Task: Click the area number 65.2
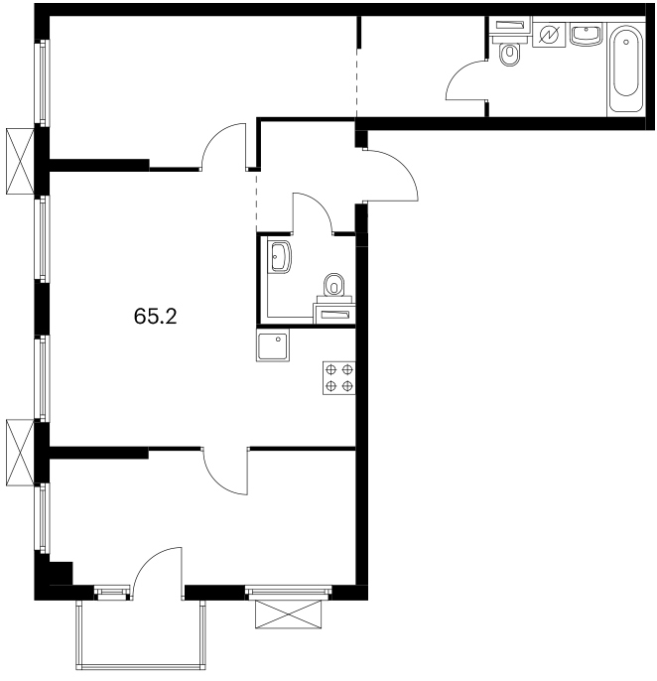pyautogui.click(x=156, y=316)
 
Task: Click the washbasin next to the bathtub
pyautogui.click(x=587, y=35)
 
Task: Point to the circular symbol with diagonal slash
pyautogui.click(x=549, y=35)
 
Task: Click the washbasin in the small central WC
pyautogui.click(x=279, y=257)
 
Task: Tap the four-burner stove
pyautogui.click(x=339, y=378)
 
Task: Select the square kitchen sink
pyautogui.click(x=273, y=344)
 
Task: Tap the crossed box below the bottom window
pyautogui.click(x=290, y=613)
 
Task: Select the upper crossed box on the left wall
pyautogui.click(x=20, y=161)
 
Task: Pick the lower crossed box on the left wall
pyautogui.click(x=20, y=452)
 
